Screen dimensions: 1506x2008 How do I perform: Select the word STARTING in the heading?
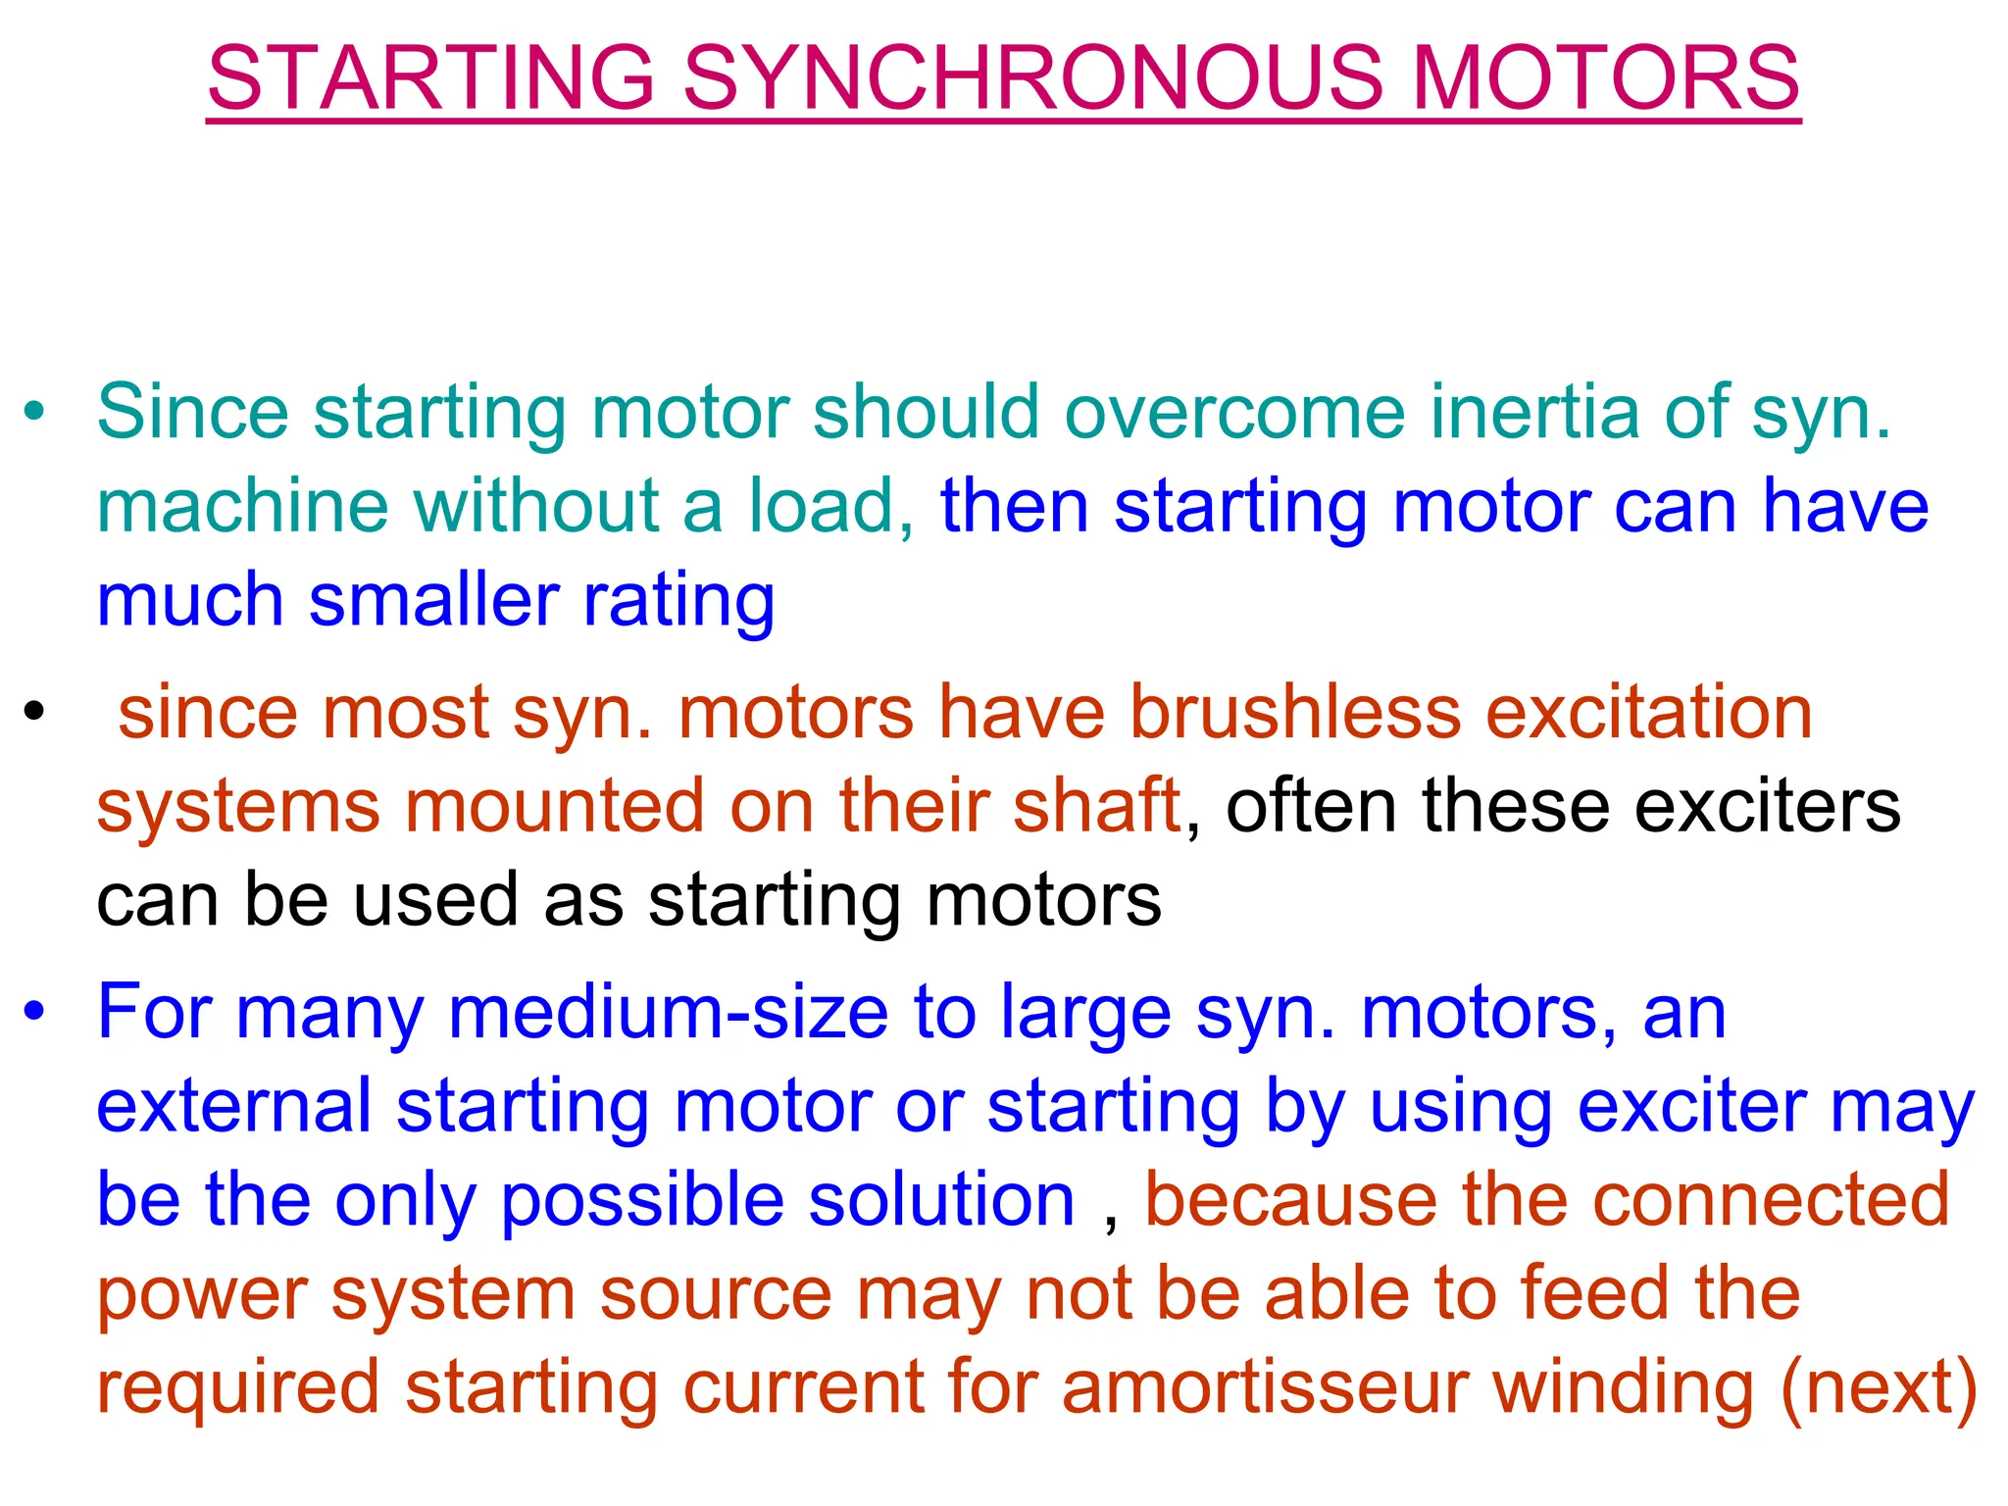tap(431, 78)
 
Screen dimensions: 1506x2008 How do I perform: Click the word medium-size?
tap(668, 1014)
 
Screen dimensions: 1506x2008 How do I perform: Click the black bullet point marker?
tap(34, 710)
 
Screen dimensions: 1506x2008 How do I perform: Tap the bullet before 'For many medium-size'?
tap(34, 1011)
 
